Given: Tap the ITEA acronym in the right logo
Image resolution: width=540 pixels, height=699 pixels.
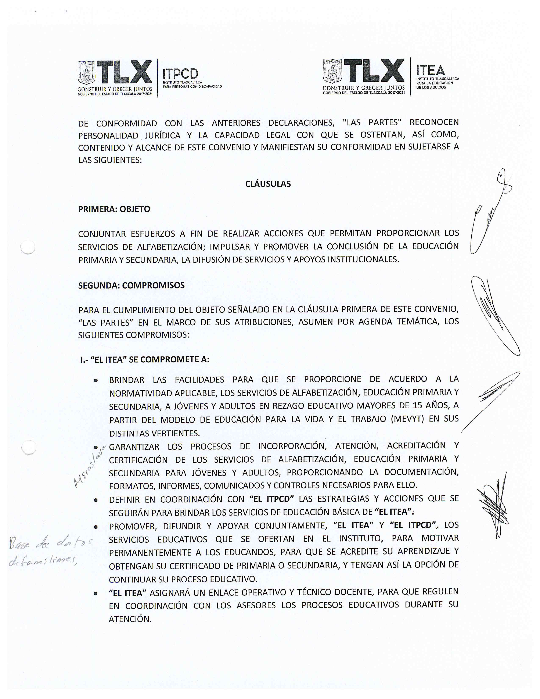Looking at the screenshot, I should pos(430,70).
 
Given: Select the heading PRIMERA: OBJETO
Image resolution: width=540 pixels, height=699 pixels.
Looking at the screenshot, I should pos(114,209).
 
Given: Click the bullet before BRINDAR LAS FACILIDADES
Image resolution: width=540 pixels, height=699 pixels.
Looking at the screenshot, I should pos(96,381).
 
